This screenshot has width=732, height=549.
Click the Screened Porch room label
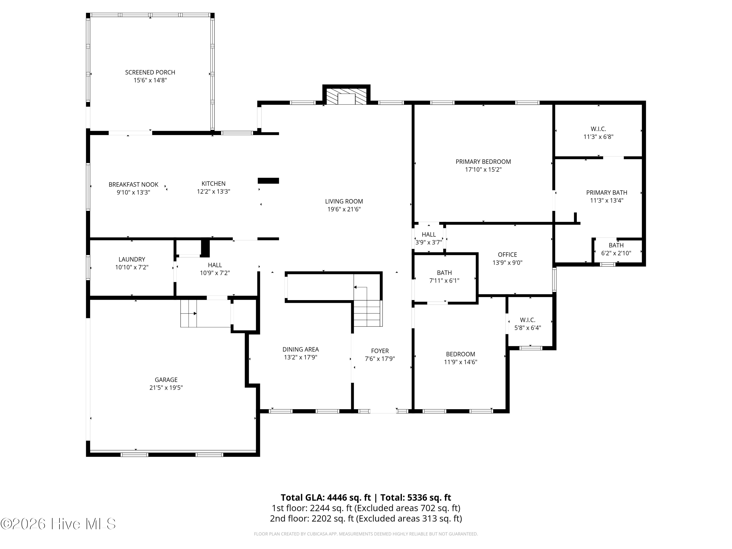(x=150, y=72)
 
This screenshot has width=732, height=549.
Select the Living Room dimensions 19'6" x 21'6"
(x=344, y=209)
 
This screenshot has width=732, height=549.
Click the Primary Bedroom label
(x=483, y=162)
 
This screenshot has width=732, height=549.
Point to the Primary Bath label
(x=607, y=193)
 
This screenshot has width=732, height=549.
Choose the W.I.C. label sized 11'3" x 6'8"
(x=598, y=129)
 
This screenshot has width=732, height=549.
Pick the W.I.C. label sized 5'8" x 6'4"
(x=528, y=320)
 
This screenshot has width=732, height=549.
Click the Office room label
(x=507, y=255)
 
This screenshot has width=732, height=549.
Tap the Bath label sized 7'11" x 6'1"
(x=444, y=273)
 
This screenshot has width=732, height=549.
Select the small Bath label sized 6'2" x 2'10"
(x=616, y=245)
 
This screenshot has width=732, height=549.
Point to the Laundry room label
(x=132, y=259)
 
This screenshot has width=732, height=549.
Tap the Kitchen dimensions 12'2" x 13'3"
(x=213, y=192)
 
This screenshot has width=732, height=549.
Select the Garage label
(x=166, y=380)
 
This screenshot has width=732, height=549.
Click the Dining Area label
(x=300, y=349)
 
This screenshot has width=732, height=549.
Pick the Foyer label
(x=380, y=351)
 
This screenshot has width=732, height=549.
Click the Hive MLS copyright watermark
(x=58, y=524)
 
